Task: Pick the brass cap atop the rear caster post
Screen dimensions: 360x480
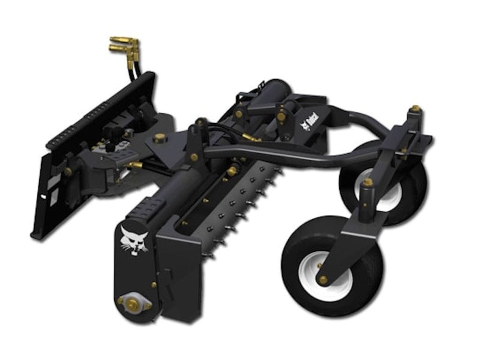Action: [x=415, y=109]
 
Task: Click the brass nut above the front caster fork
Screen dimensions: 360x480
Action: [x=368, y=181]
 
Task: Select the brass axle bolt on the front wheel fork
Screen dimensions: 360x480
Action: [x=323, y=279]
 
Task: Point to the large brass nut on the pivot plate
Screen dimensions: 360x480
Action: [x=160, y=137]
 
